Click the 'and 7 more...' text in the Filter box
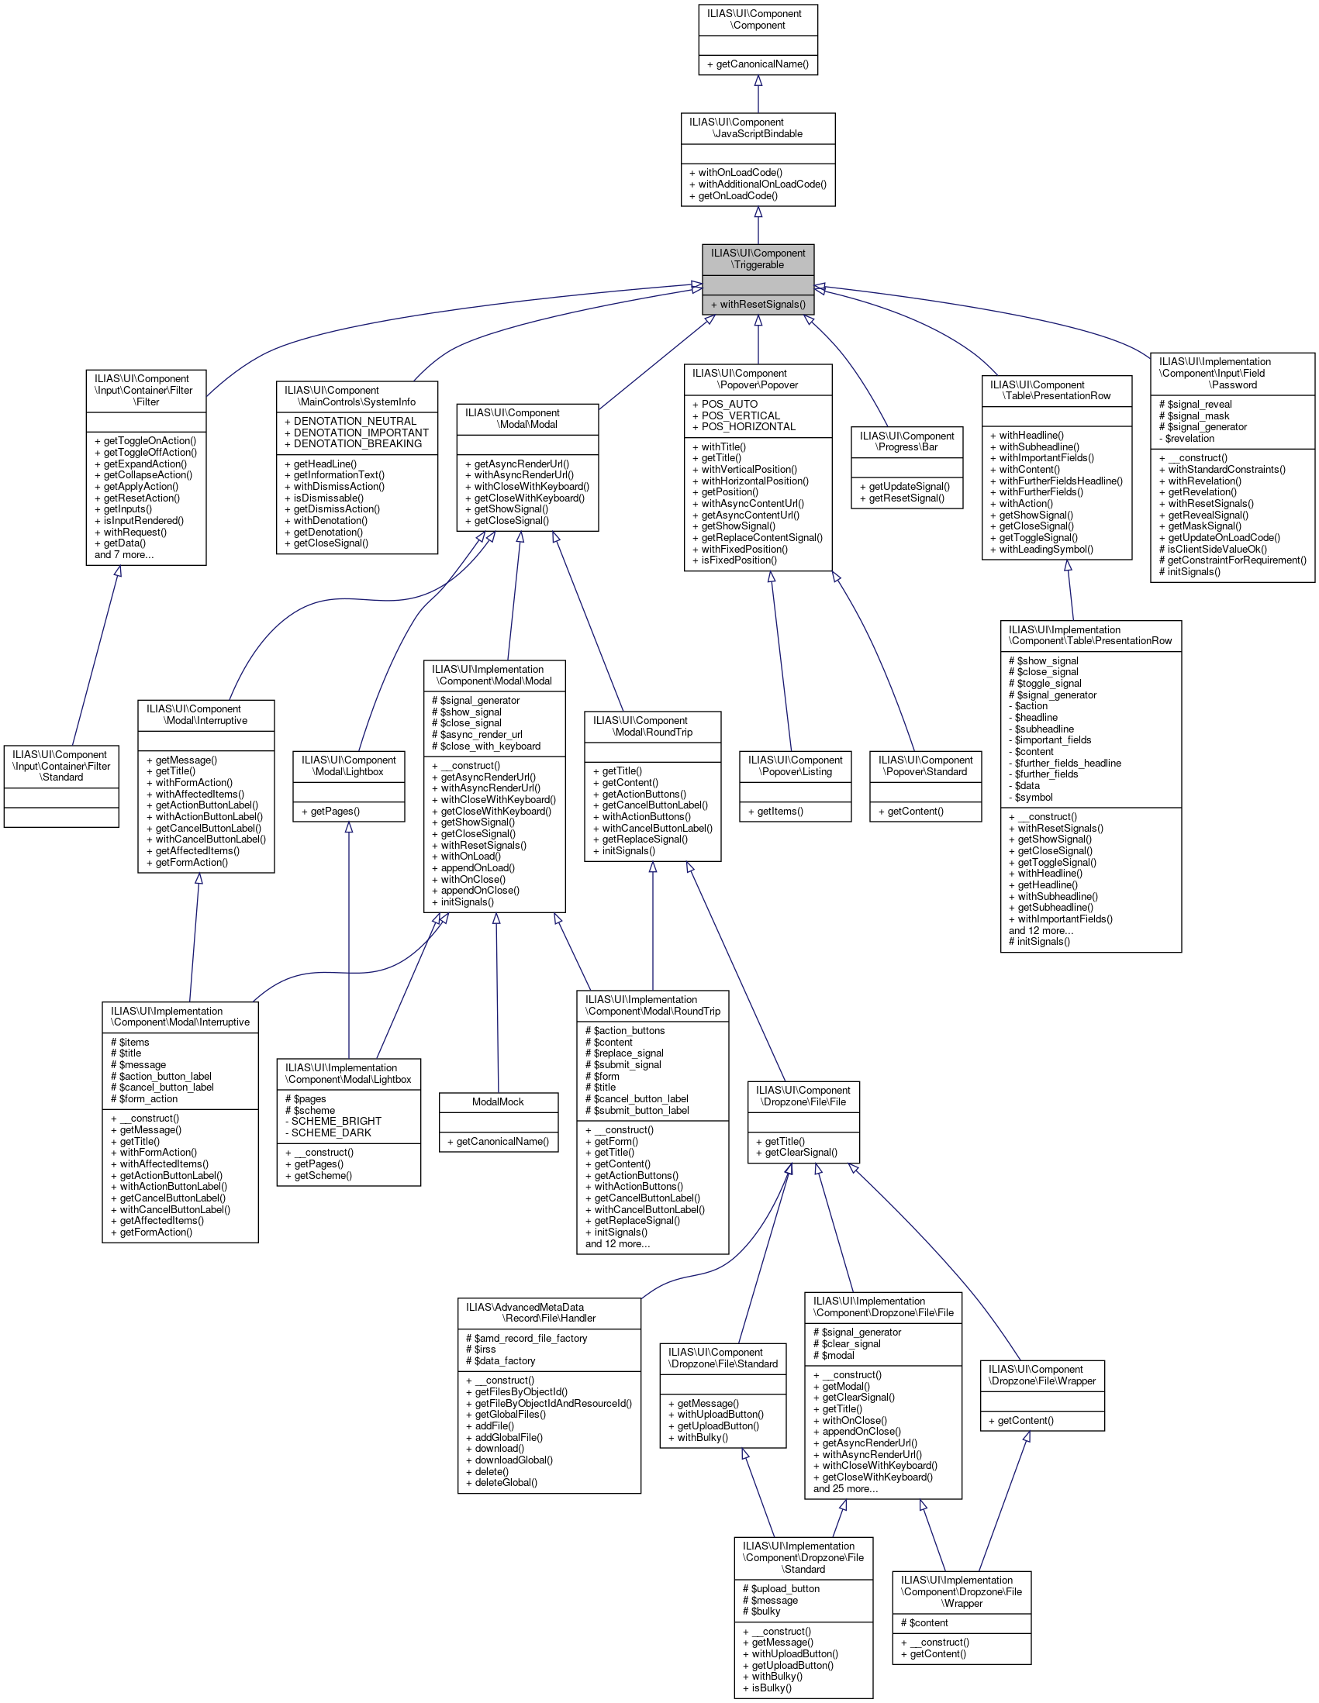(x=124, y=555)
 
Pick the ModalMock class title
(x=498, y=1101)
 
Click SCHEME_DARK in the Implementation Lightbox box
(x=332, y=1133)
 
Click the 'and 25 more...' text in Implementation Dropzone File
(x=845, y=1488)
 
